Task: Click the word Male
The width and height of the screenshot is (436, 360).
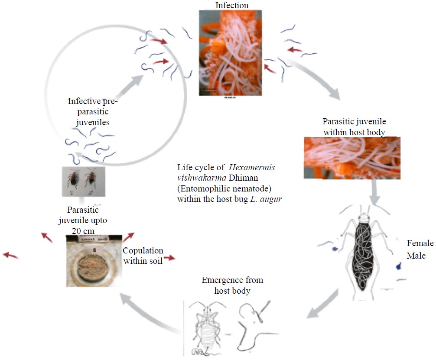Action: pos(416,256)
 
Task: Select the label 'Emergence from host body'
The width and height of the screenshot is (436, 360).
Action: pos(232,285)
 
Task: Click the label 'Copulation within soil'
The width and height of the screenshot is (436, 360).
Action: pos(143,256)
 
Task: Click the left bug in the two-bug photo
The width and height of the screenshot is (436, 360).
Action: pos(76,180)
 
